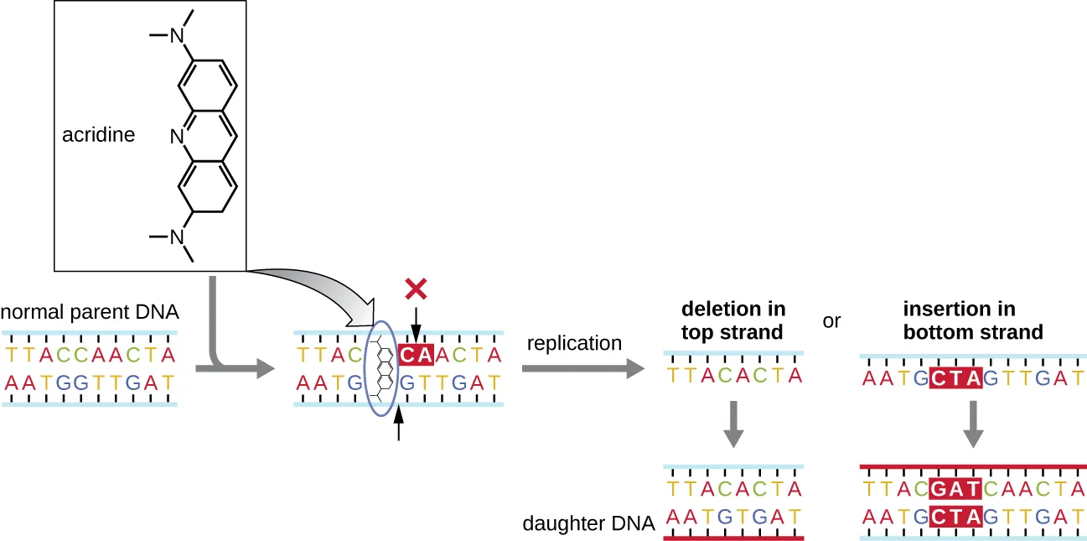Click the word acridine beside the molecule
pyautogui.click(x=98, y=135)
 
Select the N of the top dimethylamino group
pyautogui.click(x=176, y=36)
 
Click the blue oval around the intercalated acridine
pyautogui.click(x=369, y=369)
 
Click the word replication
pyautogui.click(x=574, y=343)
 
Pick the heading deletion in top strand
pyautogui.click(x=732, y=320)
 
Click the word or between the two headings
pyautogui.click(x=831, y=321)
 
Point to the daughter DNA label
pyautogui.click(x=587, y=523)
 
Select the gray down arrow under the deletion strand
pyautogui.click(x=733, y=424)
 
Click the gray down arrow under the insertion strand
pyautogui.click(x=973, y=424)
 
